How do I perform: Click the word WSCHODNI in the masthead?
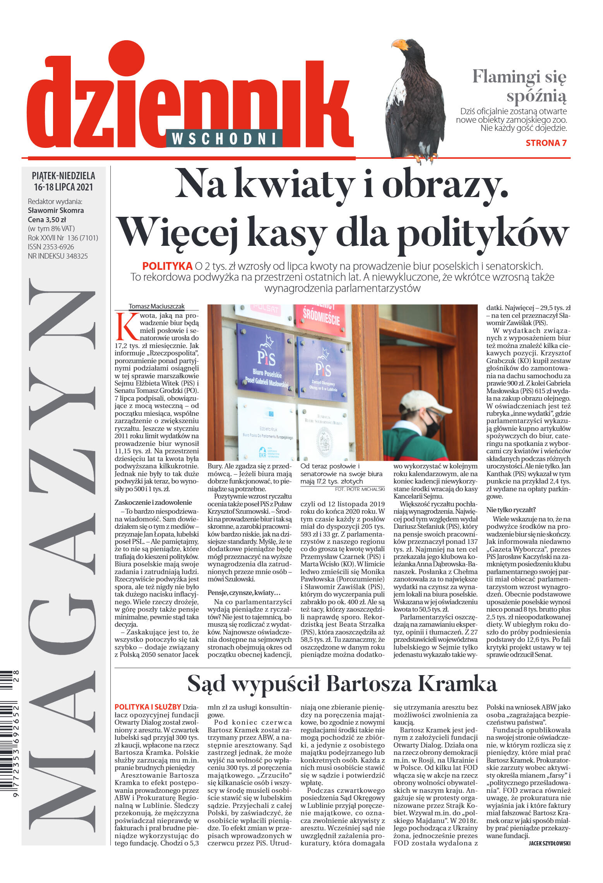point(224,139)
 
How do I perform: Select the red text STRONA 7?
point(546,143)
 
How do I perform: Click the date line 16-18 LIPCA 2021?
point(63,187)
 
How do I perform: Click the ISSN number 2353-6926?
point(51,247)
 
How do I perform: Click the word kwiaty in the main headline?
point(295,185)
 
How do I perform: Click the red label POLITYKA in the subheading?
point(167,266)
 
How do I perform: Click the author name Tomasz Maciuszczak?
point(156,306)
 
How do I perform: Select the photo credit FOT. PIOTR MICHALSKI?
point(360,489)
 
